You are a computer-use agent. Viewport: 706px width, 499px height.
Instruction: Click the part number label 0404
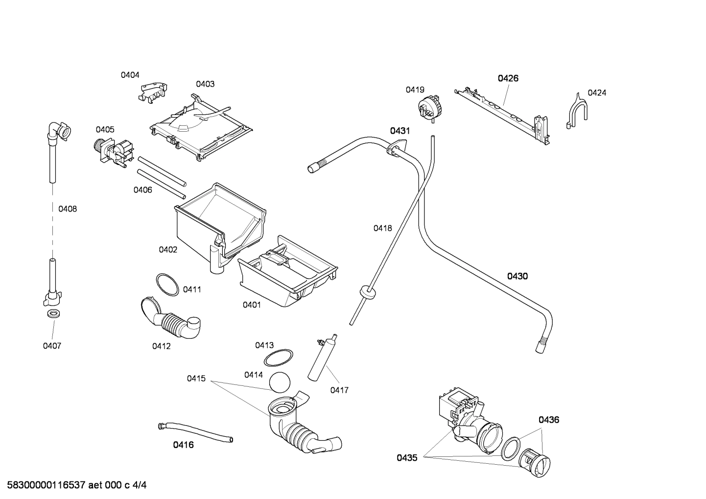point(130,75)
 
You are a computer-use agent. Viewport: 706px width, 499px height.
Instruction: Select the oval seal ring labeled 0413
point(278,358)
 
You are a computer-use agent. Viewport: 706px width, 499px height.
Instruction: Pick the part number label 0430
point(517,276)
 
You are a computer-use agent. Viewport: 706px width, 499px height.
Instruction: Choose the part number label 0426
point(508,78)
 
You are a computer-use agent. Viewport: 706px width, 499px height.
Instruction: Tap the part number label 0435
point(407,458)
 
